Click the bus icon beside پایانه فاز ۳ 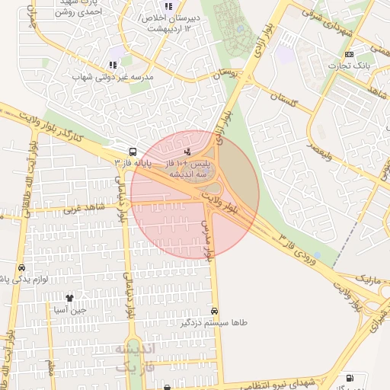133,151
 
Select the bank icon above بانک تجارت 350,54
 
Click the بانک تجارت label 350,66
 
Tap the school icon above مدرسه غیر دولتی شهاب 113,66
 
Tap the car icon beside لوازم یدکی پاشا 21,268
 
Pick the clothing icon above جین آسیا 69,299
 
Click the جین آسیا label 69,310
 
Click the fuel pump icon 349,379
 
